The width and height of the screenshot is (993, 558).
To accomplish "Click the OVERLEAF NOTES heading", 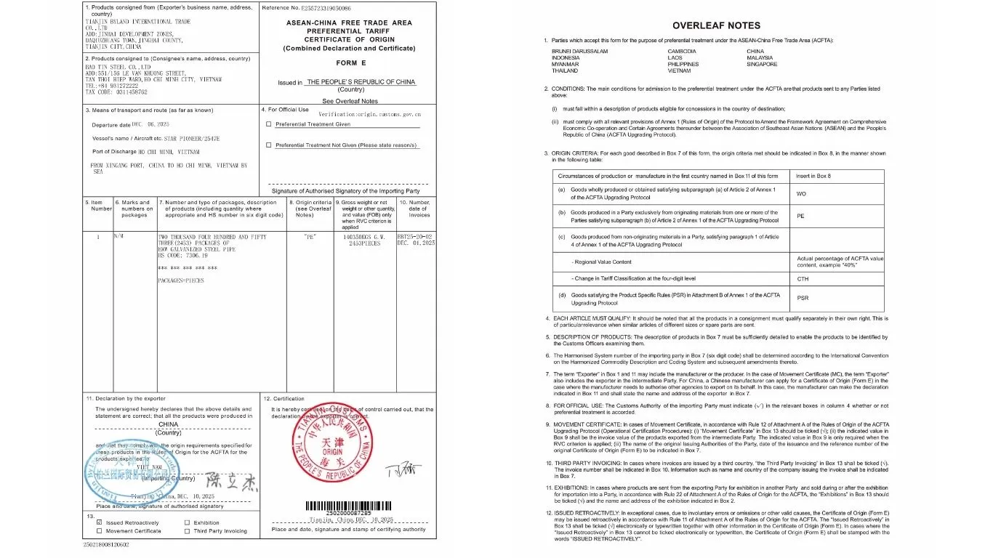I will (x=716, y=25).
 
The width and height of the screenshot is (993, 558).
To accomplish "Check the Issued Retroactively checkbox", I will (x=100, y=522).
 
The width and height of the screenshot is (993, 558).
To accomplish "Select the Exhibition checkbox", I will (x=187, y=522).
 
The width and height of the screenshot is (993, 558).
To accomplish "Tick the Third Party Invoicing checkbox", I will (x=187, y=531).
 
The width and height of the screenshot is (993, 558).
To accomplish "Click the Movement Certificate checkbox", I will (x=100, y=531).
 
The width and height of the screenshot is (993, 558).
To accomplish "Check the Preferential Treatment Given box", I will (x=269, y=124).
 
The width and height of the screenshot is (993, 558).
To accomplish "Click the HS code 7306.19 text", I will (x=179, y=256).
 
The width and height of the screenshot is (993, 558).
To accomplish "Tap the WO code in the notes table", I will (x=801, y=194).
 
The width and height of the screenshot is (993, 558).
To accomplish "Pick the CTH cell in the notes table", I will (x=802, y=279).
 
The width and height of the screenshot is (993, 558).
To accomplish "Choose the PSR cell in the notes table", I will (x=803, y=298).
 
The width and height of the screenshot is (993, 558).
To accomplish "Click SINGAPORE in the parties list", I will (x=762, y=65).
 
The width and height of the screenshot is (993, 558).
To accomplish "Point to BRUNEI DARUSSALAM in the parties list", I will (x=579, y=52).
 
